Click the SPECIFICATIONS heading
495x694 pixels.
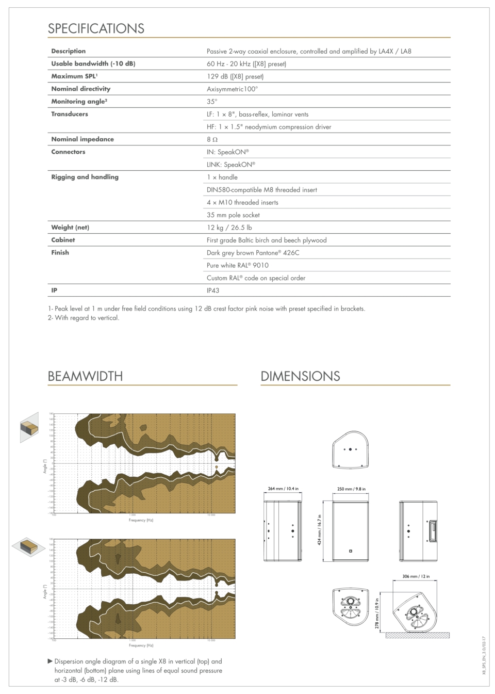96,28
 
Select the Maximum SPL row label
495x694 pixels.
74,76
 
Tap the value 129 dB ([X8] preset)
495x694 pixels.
235,76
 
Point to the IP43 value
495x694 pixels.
213,290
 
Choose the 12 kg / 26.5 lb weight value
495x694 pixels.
229,228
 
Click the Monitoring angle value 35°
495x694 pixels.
212,102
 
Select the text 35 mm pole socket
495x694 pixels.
233,215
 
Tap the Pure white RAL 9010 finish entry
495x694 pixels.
238,265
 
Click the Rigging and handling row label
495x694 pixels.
85,177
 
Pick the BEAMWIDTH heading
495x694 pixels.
85,376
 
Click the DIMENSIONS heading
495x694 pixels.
300,376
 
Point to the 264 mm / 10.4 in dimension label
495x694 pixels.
283,489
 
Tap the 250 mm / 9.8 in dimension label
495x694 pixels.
351,489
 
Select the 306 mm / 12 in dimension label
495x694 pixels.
416,576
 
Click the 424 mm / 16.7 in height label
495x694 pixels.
320,530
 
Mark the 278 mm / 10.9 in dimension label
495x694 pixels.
377,614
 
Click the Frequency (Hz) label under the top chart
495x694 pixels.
141,520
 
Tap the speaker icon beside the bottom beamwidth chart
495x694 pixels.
29,547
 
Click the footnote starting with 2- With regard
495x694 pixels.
84,318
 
